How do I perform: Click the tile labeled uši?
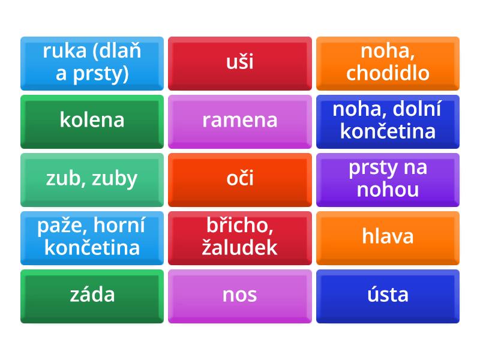pyautogui.click(x=240, y=62)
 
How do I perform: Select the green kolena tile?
pyautogui.click(x=92, y=120)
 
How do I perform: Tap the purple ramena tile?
pyautogui.click(x=240, y=120)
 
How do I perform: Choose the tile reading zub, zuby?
pyautogui.click(x=92, y=178)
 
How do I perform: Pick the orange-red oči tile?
pyautogui.click(x=240, y=178)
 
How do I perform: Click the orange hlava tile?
pyautogui.click(x=388, y=236)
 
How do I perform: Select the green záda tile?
pyautogui.click(x=92, y=295)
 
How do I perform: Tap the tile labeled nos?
pyautogui.click(x=240, y=295)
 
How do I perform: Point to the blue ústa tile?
pyautogui.click(x=388, y=295)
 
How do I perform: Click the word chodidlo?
pyautogui.click(x=388, y=73)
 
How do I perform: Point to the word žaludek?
pyautogui.click(x=240, y=247)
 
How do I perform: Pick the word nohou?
pyautogui.click(x=388, y=190)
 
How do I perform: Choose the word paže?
pyautogui.click(x=59, y=226)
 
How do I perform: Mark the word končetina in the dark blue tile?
pyautogui.click(x=388, y=131)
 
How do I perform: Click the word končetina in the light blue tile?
pyautogui.click(x=92, y=247)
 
